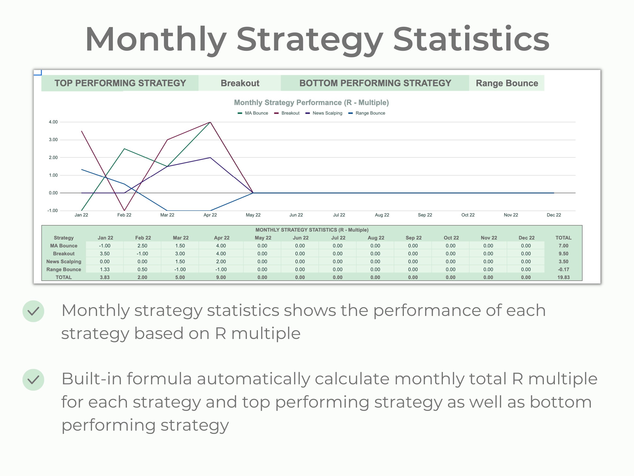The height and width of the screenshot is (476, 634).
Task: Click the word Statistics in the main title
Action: click(471, 39)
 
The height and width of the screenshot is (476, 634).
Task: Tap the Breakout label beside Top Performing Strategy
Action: click(240, 83)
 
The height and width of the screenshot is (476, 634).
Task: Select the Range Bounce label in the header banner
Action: click(507, 83)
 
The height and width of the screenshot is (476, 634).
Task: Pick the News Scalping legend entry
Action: click(327, 113)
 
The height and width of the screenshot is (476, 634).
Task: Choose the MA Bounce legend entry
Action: click(256, 113)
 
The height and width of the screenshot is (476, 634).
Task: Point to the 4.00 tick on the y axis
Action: click(53, 122)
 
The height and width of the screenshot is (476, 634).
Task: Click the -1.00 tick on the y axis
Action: click(52, 211)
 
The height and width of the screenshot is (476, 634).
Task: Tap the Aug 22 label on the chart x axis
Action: click(382, 215)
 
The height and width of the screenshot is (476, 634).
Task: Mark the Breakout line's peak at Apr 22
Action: click(210, 122)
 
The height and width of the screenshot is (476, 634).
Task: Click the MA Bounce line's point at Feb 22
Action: click(124, 149)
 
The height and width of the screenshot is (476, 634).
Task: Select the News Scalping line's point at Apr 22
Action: click(210, 157)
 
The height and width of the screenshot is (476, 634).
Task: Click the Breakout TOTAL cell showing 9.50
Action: click(563, 254)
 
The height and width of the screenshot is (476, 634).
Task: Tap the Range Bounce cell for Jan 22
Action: click(105, 269)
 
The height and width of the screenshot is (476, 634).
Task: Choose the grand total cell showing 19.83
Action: click(563, 277)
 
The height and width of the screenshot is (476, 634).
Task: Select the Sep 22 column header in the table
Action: click(413, 238)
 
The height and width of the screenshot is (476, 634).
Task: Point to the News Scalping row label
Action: click(64, 261)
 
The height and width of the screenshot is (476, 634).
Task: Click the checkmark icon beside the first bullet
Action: click(33, 311)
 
